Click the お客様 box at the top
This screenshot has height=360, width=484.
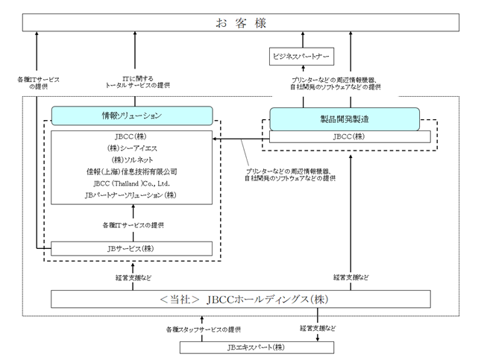pos(241,22)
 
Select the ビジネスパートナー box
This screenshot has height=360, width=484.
pos(301,57)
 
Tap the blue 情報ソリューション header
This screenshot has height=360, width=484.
pos(132,116)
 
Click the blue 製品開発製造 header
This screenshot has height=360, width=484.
pos(345,119)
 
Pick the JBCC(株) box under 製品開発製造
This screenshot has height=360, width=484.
pos(350,136)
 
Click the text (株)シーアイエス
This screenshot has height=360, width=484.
pos(132,148)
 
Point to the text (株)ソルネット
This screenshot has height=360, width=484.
pos(132,160)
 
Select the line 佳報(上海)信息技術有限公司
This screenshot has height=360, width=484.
pos(132,171)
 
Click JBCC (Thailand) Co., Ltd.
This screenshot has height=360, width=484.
pos(132,183)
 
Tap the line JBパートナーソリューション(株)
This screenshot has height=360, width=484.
pos(131,195)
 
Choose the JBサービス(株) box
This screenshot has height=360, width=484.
pos(131,249)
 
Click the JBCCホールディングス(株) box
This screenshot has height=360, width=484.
pos(241,299)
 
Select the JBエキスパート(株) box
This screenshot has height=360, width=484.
pos(257,347)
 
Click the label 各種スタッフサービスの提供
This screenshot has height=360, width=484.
pos(204,329)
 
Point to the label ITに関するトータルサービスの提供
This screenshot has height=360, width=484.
pos(137,82)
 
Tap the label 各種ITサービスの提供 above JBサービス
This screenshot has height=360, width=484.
pos(133,226)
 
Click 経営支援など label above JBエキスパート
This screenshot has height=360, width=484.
pos(318,328)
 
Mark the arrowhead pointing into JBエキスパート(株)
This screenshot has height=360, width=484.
pos(318,339)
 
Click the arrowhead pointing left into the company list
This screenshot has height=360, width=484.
pos(215,139)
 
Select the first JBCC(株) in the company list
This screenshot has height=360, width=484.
pos(131,136)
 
